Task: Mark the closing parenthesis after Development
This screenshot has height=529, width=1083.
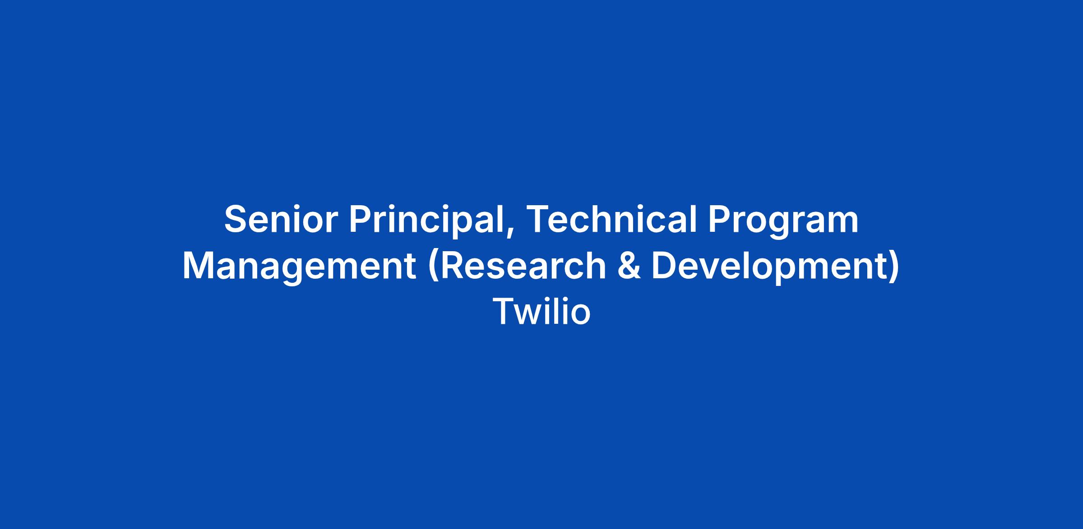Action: click(x=894, y=267)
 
